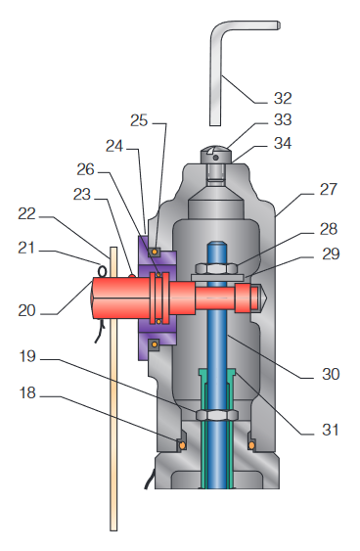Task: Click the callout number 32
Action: click(x=283, y=99)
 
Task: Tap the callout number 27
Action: click(x=329, y=190)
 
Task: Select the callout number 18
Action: click(x=27, y=392)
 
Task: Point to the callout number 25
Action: click(x=139, y=120)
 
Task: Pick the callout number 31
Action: click(x=331, y=430)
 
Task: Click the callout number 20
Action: click(x=27, y=310)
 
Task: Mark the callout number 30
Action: click(x=331, y=374)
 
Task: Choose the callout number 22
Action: click(x=27, y=213)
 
